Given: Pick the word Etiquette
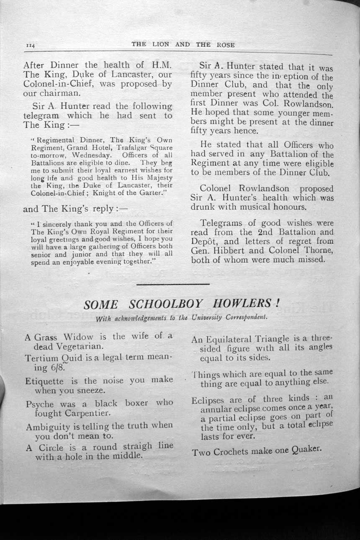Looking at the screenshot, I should pos(44,381).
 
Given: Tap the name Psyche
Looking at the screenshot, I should pos(40,404).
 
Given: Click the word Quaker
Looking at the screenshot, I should pos(305,449).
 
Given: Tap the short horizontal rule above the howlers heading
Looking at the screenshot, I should pos(173,284).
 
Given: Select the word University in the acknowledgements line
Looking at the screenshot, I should pos(207,317).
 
